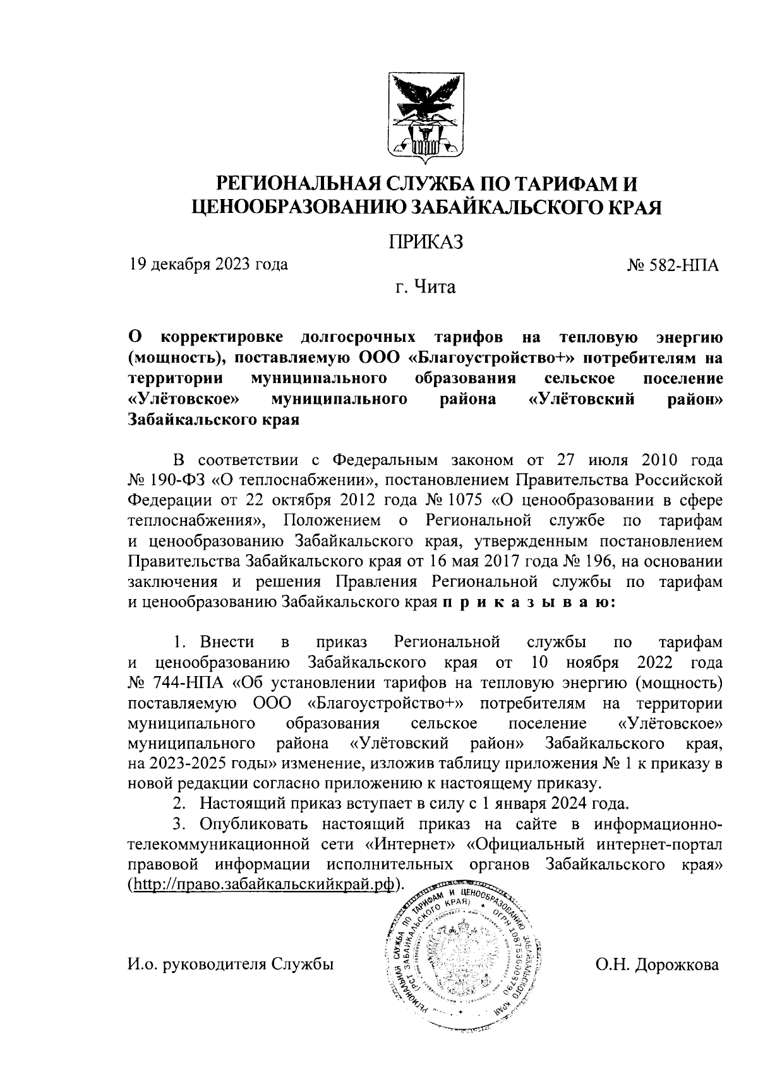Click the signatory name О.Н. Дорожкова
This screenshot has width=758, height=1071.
point(657,964)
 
